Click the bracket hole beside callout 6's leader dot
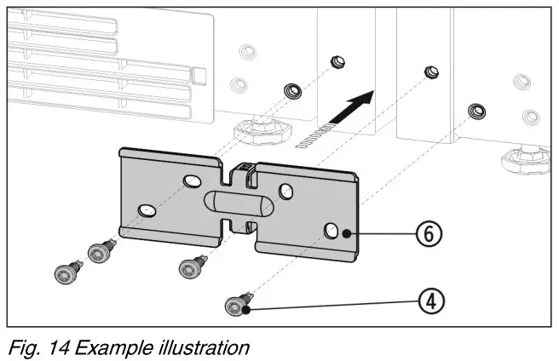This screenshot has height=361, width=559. coord(331,228)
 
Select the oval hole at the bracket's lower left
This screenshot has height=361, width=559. coord(147,208)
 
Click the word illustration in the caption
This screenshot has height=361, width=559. coord(200,347)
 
